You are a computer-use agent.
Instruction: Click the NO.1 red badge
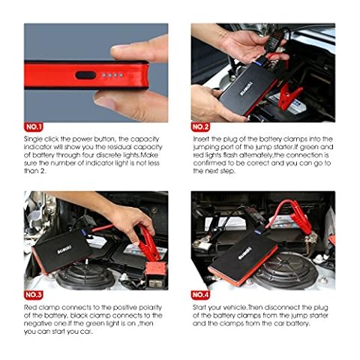pos(34,127)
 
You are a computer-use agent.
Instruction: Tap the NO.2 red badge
pos(200,127)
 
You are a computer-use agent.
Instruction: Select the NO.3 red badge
pos(34,295)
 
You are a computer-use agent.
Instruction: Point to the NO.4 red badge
pos(200,295)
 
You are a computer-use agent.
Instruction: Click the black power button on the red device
pos(85,75)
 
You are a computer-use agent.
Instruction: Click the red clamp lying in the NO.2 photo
pos(290,96)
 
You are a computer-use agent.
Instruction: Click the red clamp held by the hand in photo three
pos(148,242)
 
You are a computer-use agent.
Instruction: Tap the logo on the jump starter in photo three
pos(64,250)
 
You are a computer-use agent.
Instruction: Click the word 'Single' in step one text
pos(33,139)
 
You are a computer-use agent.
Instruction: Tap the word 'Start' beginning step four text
pos(200,307)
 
